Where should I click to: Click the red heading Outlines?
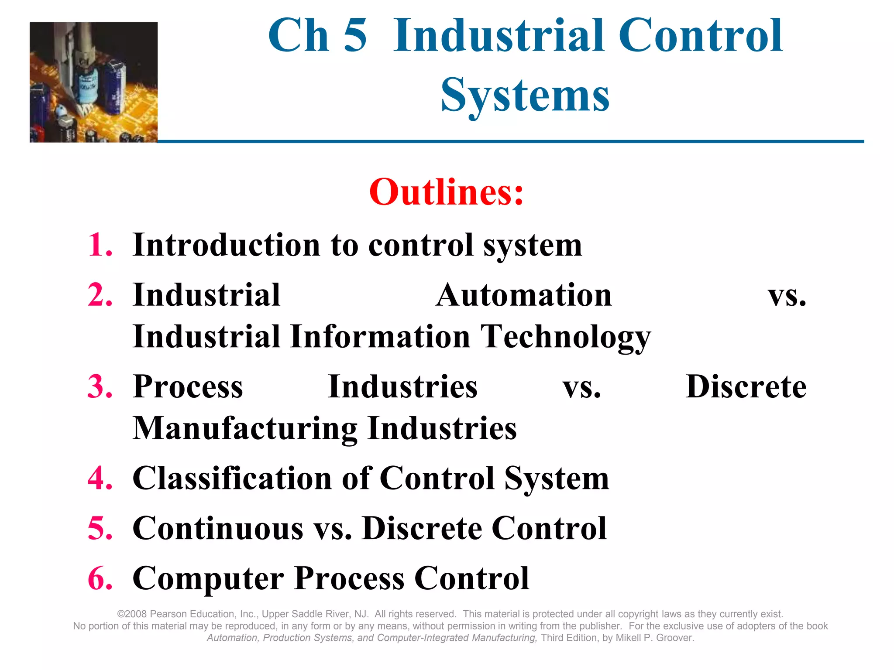[446, 192]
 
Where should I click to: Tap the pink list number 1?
[100, 245]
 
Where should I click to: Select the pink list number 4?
[100, 479]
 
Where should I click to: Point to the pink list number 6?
[100, 579]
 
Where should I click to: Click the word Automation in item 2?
[524, 295]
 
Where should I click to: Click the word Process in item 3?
[188, 387]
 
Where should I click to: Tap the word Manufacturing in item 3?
[245, 428]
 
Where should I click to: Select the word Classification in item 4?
[232, 479]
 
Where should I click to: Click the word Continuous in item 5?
[217, 529]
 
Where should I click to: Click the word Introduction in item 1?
[227, 245]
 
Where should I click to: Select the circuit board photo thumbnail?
[93, 82]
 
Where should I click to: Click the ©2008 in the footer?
[132, 614]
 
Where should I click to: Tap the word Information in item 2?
[380, 337]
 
